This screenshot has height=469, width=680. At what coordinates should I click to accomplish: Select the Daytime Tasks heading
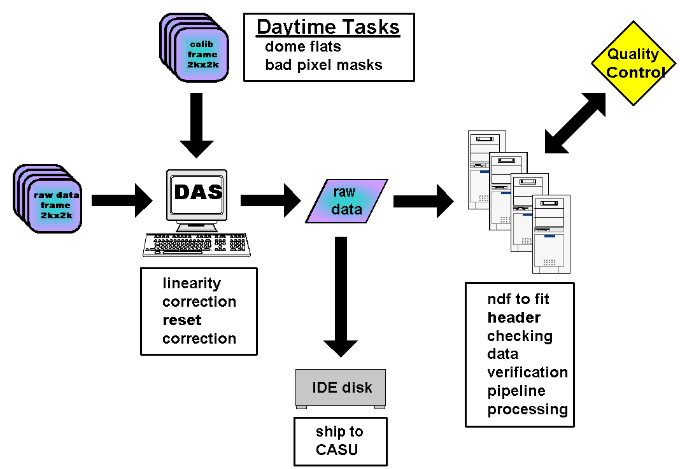(328, 27)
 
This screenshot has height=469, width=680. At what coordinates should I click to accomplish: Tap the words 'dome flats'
(302, 46)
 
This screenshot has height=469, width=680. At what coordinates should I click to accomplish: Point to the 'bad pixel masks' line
(323, 65)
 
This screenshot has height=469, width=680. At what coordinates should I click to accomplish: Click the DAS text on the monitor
(199, 192)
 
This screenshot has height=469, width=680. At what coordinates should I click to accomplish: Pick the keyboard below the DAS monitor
(196, 244)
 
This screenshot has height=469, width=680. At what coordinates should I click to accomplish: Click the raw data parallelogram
(347, 201)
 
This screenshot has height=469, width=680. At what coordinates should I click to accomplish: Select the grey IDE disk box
(341, 388)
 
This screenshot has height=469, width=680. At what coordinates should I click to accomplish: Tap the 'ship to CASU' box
(340, 441)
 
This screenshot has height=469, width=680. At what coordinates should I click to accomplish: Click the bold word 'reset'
(181, 320)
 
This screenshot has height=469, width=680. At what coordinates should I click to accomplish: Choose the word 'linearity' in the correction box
(191, 283)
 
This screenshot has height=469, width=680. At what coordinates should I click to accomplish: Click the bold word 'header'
(514, 318)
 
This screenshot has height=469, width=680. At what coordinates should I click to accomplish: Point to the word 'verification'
(527, 372)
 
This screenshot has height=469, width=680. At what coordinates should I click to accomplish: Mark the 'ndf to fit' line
(518, 299)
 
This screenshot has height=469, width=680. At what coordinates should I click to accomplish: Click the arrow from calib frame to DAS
(197, 124)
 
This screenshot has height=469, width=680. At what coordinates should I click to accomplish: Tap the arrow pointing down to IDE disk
(341, 296)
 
